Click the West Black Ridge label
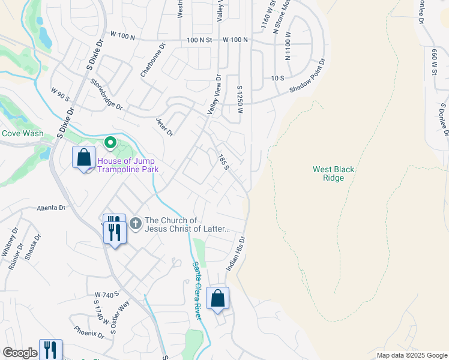(333, 173)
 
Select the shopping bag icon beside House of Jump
(83, 158)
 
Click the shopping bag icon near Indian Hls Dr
(217, 298)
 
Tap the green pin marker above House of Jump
(110, 143)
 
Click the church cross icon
(136, 224)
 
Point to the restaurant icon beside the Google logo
(50, 350)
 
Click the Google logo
(20, 353)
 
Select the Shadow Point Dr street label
(307, 76)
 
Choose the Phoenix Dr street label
(89, 332)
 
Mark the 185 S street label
(223, 161)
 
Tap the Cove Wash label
(21, 133)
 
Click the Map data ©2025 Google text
(411, 355)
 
